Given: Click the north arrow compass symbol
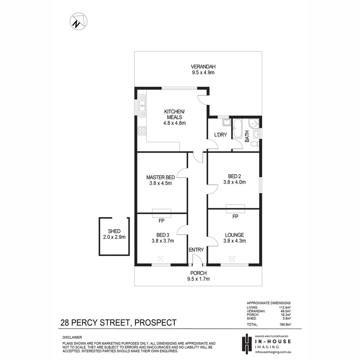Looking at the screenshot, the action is (79, 21).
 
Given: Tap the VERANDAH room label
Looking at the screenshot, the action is (203, 67).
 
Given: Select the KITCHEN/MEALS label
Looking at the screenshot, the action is (174, 114).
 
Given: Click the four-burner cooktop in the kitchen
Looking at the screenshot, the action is (142, 131).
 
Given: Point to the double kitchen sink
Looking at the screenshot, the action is (142, 106).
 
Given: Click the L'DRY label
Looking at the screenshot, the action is (220, 135).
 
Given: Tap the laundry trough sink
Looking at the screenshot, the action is (226, 122).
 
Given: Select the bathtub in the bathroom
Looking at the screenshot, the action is (237, 129).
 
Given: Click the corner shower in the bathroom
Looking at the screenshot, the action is (254, 124).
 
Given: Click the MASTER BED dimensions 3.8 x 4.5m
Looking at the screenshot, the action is (160, 183).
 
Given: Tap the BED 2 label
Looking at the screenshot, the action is (234, 176).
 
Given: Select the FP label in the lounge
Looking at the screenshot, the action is (235, 217).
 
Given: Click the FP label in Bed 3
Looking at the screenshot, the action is (161, 221).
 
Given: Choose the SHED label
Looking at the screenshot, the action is (114, 231).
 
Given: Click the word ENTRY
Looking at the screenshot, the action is (196, 250).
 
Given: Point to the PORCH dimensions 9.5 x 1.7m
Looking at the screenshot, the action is (198, 279).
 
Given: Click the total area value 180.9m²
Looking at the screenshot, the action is (285, 325).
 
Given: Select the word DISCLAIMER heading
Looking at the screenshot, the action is (72, 337).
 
